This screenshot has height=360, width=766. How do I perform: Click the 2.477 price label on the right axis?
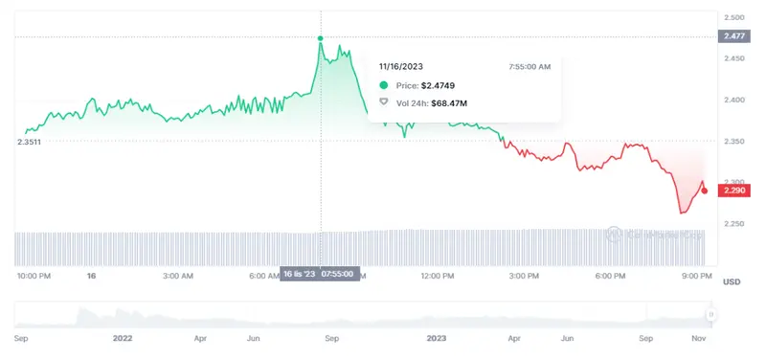click(x=735, y=37)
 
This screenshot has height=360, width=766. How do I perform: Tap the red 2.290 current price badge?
click(x=735, y=191)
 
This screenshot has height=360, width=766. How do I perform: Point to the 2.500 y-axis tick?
click(x=734, y=18)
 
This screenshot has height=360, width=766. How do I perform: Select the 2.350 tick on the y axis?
click(x=734, y=141)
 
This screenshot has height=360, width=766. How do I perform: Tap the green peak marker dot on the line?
click(x=321, y=38)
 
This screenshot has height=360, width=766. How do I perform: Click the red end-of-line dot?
click(x=706, y=191)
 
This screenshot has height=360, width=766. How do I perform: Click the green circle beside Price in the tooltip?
click(x=384, y=85)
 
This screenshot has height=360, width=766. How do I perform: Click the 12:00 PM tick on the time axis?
click(x=438, y=276)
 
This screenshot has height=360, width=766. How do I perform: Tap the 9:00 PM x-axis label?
click(x=696, y=276)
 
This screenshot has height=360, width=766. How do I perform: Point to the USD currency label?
click(x=732, y=281)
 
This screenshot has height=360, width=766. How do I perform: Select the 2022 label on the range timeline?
click(x=122, y=338)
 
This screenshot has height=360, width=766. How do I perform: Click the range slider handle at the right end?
click(x=710, y=314)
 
